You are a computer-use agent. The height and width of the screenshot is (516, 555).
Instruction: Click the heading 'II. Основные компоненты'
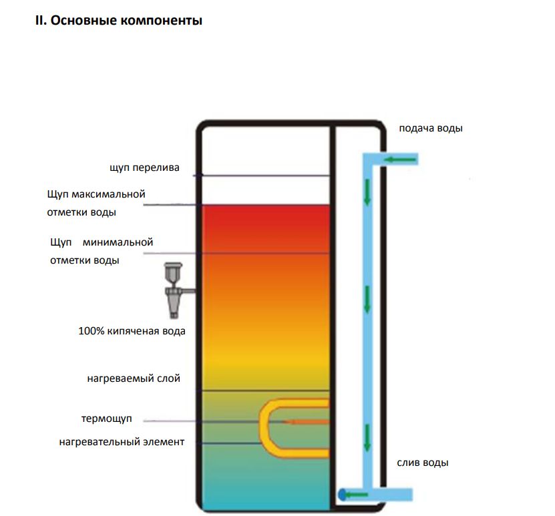tap(118, 21)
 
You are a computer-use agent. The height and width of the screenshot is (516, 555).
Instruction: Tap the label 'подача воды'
tap(430, 128)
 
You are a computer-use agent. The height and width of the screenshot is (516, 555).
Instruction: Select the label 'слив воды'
tap(422, 463)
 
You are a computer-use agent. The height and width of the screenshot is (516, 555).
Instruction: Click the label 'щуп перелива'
tap(145, 168)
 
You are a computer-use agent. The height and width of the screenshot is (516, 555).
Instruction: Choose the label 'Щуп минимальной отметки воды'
tap(102, 251)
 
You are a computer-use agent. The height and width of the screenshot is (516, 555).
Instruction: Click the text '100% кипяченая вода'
tap(132, 331)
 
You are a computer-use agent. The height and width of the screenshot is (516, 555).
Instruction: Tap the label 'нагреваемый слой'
tap(134, 378)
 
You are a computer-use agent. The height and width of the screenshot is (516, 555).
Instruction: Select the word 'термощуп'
tap(106, 419)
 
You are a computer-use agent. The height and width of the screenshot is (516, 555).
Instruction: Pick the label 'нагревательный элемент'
tap(121, 441)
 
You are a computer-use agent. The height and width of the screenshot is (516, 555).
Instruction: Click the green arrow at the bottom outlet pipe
tap(358, 495)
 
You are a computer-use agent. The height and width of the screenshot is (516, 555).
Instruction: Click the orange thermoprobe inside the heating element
tap(307, 422)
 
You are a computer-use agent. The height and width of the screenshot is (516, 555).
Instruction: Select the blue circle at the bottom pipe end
tap(342, 495)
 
